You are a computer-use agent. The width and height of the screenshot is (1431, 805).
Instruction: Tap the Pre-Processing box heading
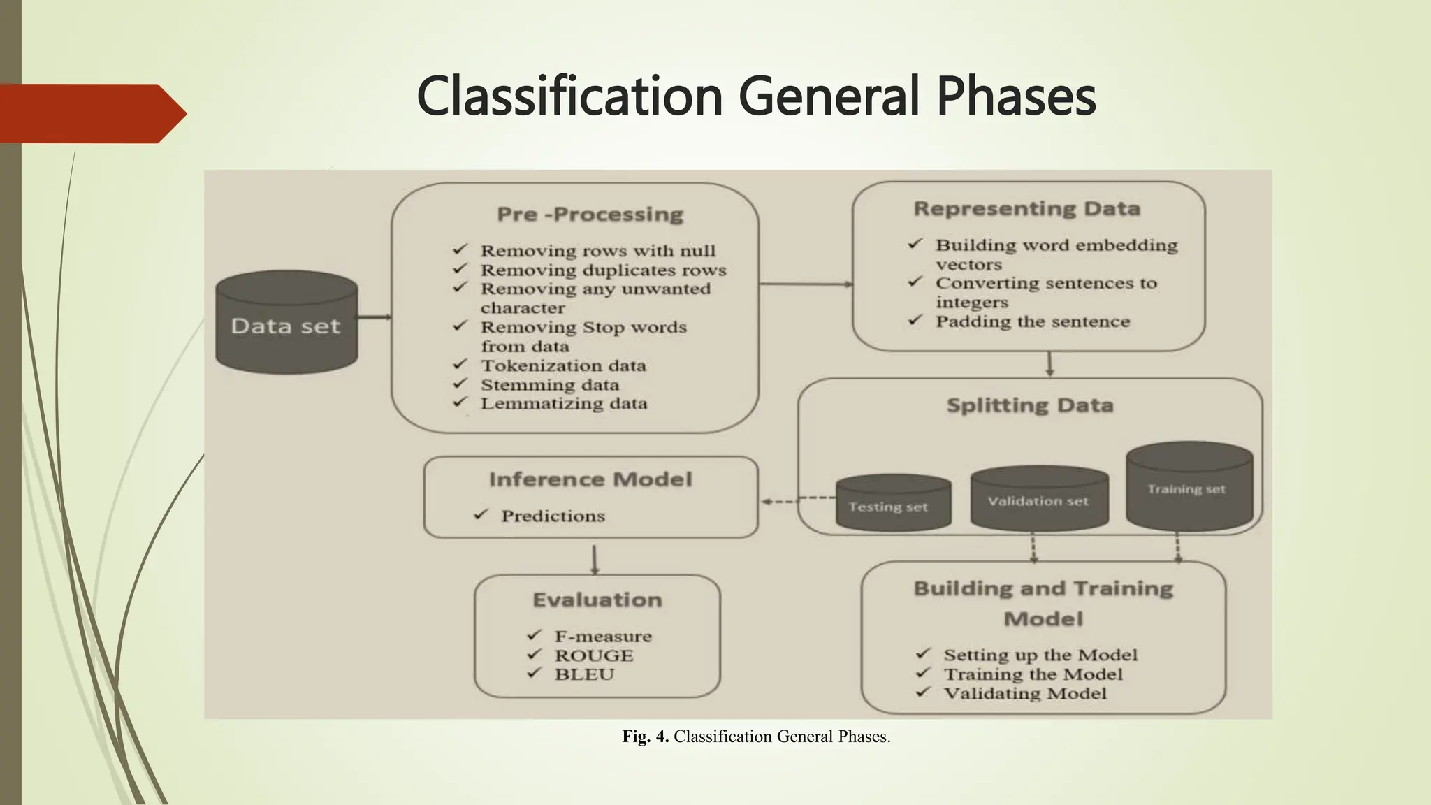click(590, 214)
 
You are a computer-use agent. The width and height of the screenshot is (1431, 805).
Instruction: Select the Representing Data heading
click(1026, 208)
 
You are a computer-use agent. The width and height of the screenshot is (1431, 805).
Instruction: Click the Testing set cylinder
click(892, 505)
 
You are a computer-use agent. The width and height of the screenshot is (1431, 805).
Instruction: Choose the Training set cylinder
click(1189, 488)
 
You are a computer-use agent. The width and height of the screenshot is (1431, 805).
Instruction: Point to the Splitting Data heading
click(1029, 405)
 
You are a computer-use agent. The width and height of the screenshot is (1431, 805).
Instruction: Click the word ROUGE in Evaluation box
click(594, 655)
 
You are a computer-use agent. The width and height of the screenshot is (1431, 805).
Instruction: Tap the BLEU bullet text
click(584, 674)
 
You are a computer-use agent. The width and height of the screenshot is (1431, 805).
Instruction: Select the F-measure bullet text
click(602, 637)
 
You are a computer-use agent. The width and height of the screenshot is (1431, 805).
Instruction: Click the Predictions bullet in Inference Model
click(552, 516)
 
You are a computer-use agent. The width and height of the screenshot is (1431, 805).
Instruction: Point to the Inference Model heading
click(590, 479)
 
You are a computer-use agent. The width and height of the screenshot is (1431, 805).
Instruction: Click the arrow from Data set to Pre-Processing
click(375, 317)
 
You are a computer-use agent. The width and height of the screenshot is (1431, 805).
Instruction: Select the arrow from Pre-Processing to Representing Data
click(805, 284)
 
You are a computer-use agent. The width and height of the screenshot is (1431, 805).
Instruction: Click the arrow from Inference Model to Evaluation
click(595, 559)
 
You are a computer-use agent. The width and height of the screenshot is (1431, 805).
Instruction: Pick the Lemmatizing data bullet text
click(563, 404)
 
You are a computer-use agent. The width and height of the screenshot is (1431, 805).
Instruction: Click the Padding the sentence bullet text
click(1032, 321)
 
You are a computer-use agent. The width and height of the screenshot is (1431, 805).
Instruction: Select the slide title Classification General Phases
click(756, 96)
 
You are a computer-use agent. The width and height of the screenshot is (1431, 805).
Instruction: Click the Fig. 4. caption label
click(645, 737)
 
